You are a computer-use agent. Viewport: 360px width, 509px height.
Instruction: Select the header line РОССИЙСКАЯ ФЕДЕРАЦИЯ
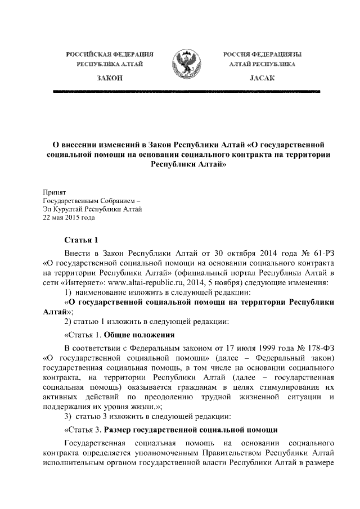coord(110,55)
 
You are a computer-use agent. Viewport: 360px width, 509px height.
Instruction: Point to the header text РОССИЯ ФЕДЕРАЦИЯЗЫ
coord(260,55)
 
